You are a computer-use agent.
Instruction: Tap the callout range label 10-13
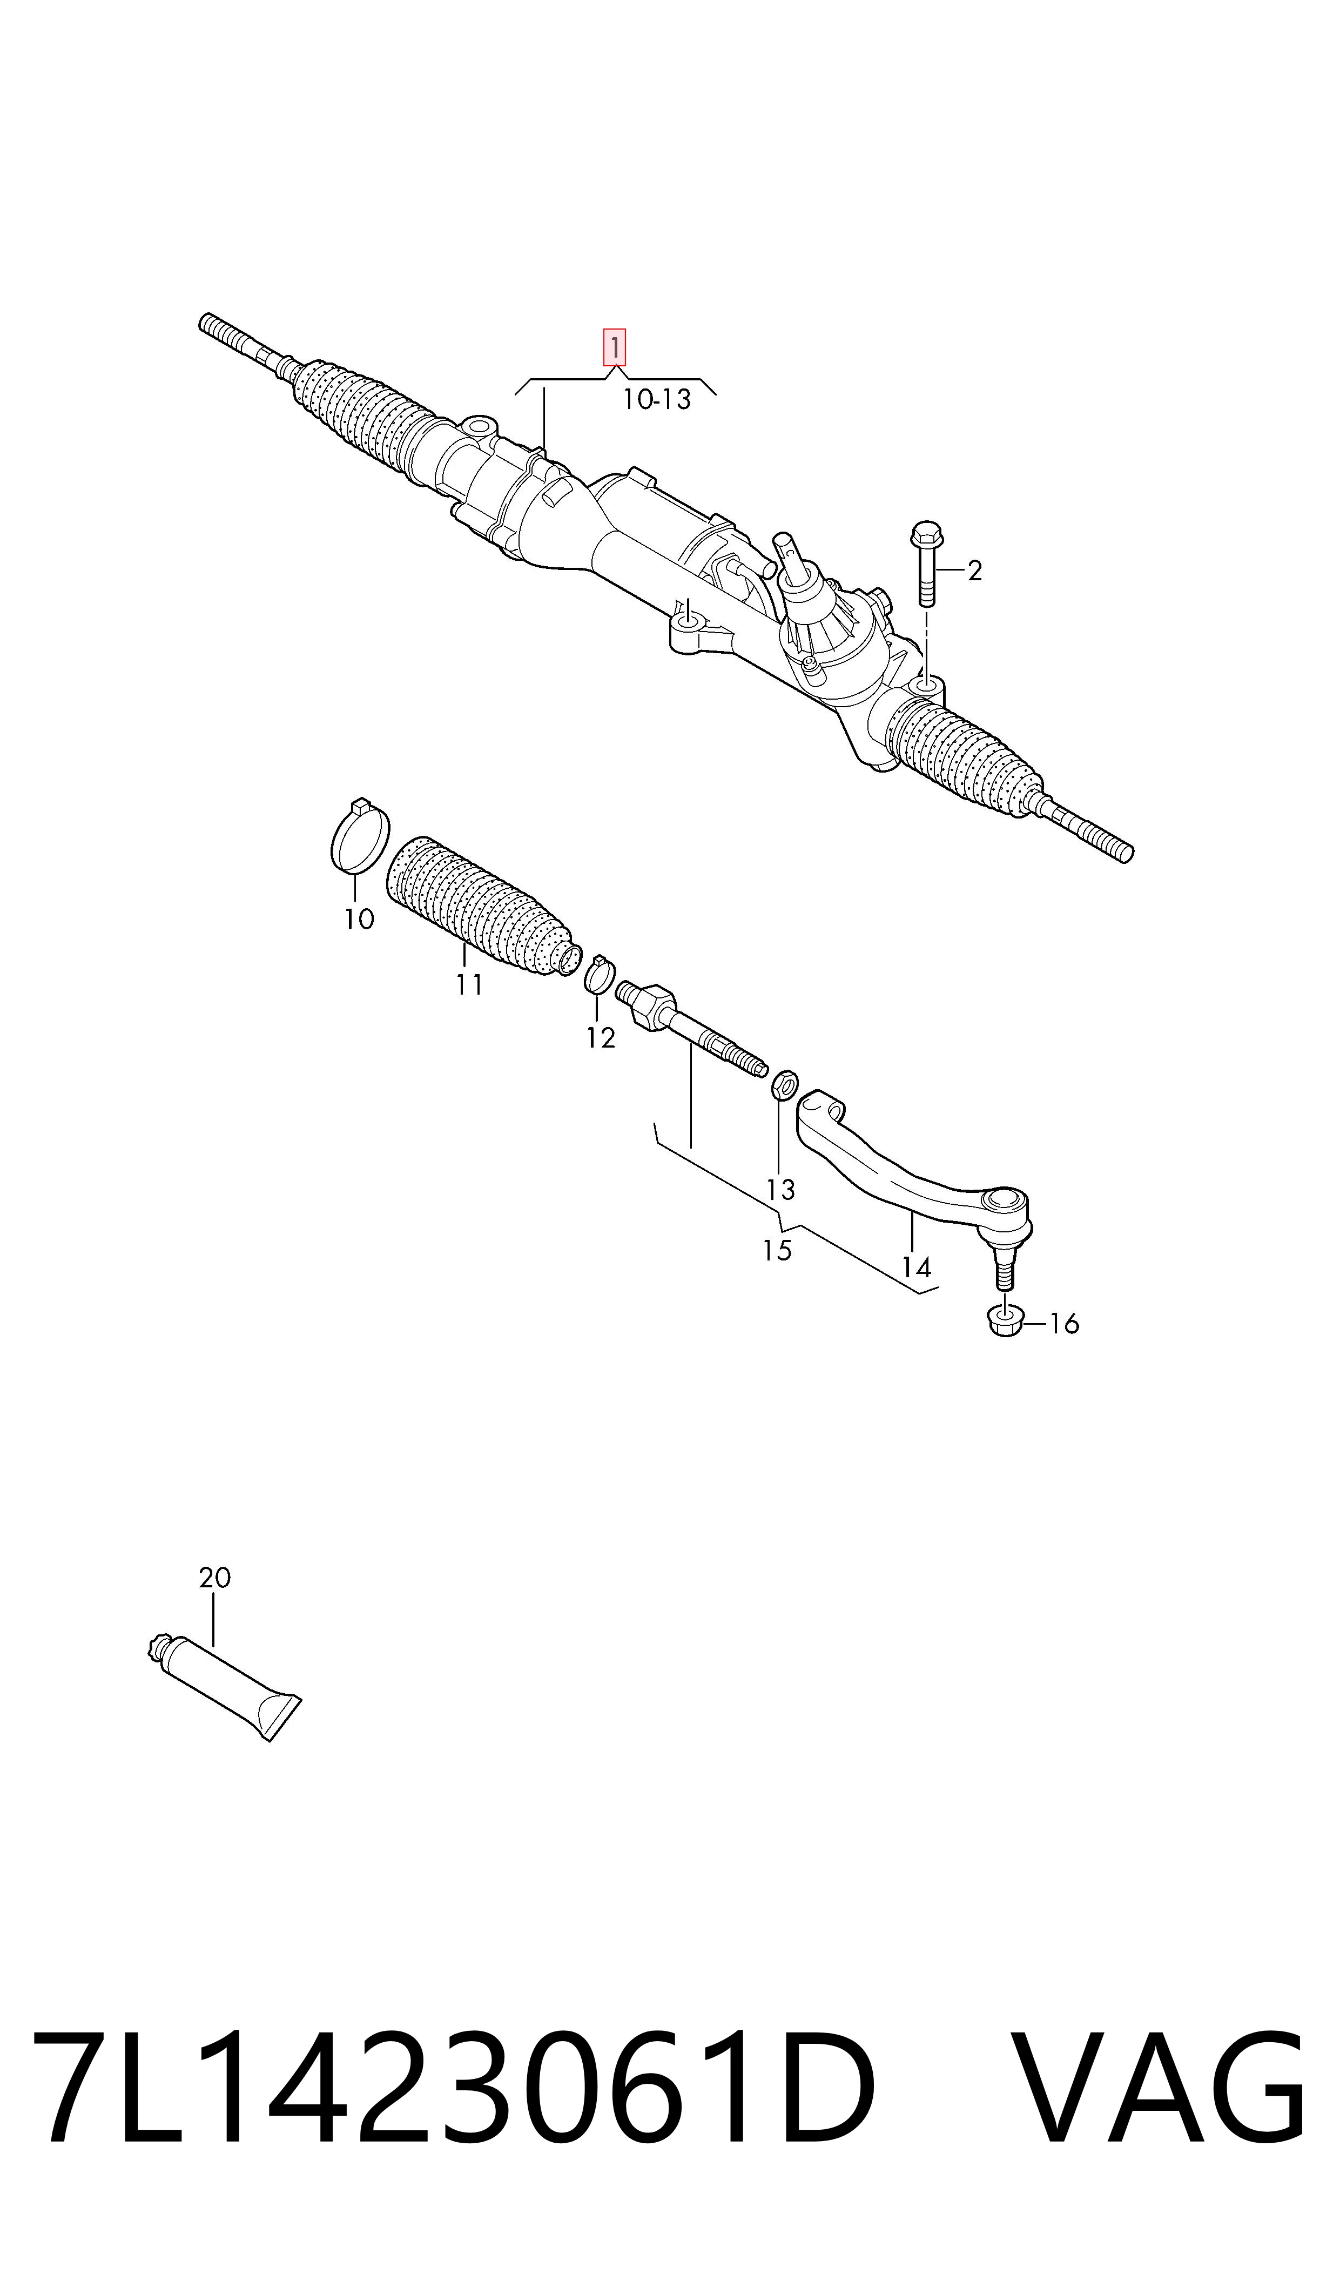[x=656, y=399]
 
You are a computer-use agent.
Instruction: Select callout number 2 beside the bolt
[x=974, y=571]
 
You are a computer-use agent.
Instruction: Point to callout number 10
[x=359, y=920]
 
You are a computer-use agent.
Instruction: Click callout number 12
[x=601, y=1038]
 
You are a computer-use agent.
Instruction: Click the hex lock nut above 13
[x=784, y=1085]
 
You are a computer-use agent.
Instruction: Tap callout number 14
[x=915, y=1267]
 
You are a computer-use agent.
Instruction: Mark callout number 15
[x=777, y=1251]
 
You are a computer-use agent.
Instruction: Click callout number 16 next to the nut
[x=1063, y=1324]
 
